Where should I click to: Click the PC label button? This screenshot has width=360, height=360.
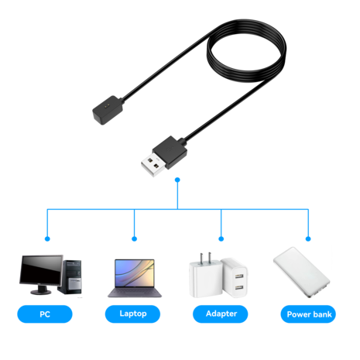(44, 314)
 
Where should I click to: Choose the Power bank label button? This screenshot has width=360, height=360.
(309, 314)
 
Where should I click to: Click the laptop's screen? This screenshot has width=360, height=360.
(133, 273)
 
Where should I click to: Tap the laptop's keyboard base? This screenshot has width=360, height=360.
(133, 294)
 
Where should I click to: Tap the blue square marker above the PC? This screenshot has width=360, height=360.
(46, 238)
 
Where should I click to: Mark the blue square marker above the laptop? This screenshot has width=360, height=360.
(134, 238)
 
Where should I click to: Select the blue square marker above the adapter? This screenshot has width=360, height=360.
(221, 238)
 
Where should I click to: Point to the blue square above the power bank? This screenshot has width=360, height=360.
(309, 238)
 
